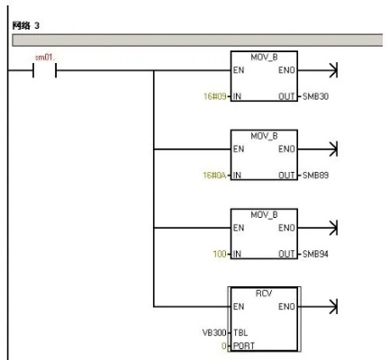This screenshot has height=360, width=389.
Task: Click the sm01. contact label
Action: tap(45, 58)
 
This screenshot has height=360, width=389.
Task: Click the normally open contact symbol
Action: tap(44, 70)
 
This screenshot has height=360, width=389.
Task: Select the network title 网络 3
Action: tap(26, 26)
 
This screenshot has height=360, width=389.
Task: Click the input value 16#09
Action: tap(214, 96)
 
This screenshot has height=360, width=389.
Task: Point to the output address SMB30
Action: tap(315, 96)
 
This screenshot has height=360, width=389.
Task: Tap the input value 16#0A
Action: tap(214, 175)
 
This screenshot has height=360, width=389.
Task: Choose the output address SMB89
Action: tap(315, 175)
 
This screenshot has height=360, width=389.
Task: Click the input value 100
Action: tap(220, 254)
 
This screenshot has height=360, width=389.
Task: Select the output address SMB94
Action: tap(315, 254)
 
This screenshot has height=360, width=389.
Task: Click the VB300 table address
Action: tap(214, 332)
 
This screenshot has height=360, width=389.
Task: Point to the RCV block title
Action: tap(264, 293)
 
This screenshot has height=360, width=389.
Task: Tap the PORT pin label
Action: tap(244, 346)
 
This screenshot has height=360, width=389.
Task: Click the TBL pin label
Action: tap(240, 332)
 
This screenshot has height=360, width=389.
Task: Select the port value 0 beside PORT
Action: tap(224, 346)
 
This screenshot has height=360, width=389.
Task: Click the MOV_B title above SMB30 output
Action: tap(264, 57)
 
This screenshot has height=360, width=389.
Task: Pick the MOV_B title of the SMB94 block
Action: tap(264, 214)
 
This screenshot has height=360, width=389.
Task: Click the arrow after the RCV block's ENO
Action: tap(319, 307)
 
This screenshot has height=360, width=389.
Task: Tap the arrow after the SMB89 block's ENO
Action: tap(318, 149)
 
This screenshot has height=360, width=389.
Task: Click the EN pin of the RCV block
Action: tap(239, 306)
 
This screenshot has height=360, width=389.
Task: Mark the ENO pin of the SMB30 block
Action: tap(286, 70)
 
